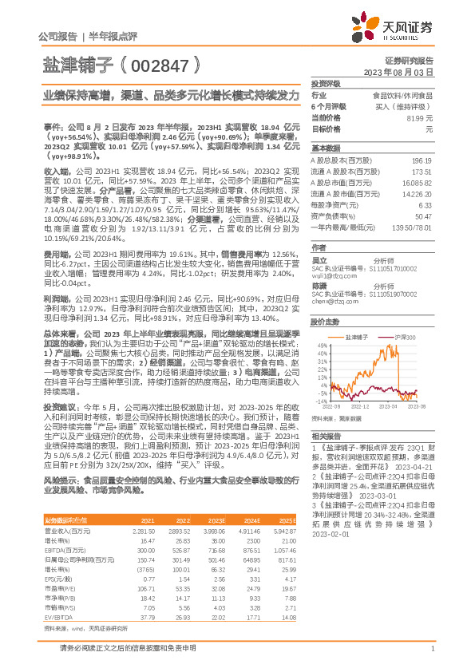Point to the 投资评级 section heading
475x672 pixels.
coord(326,83)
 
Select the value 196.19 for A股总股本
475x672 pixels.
coord(420,160)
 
